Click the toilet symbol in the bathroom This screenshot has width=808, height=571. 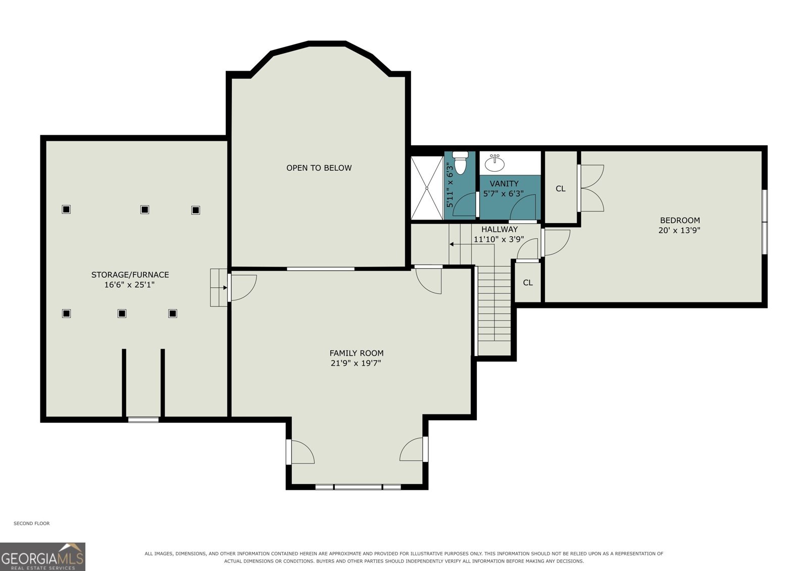click(460, 163)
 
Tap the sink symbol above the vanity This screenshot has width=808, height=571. click(494, 164)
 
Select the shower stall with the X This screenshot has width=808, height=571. click(427, 188)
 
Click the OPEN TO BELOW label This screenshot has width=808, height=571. click(319, 168)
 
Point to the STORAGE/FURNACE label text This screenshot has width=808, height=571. click(130, 275)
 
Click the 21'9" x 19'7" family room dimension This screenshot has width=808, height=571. click(356, 363)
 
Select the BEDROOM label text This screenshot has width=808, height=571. click(680, 220)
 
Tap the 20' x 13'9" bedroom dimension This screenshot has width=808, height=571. click(679, 230)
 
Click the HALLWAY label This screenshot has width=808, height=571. click(499, 229)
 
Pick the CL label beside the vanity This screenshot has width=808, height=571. click(561, 189)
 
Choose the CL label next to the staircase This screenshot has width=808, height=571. click(528, 283)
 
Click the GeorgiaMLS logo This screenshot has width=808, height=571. click(42, 556)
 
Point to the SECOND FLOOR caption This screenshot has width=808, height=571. click(32, 524)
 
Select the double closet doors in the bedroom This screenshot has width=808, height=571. click(590, 188)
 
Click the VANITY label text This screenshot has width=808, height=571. click(504, 184)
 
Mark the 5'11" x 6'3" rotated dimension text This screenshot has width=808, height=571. click(449, 185)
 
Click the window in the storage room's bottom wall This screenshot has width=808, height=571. click(143, 420)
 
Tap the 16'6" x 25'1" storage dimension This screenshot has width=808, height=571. click(129, 285)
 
